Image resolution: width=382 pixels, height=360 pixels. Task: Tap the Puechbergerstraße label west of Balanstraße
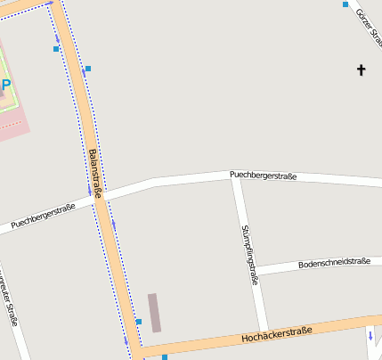click(43, 215)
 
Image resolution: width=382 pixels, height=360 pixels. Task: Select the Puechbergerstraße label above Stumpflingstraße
click(262, 176)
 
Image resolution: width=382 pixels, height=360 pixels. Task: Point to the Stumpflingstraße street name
click(249, 254)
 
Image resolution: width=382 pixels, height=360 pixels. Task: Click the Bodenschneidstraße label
click(334, 262)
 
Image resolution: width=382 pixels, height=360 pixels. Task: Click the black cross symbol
click(362, 69)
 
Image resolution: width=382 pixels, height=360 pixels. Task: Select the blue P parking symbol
click(5, 86)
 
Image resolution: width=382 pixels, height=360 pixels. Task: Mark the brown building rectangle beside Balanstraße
click(154, 313)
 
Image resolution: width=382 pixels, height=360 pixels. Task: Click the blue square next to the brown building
click(139, 322)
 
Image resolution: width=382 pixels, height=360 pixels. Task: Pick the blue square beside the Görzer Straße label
click(345, 4)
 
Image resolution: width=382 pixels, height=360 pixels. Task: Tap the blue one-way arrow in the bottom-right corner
click(370, 337)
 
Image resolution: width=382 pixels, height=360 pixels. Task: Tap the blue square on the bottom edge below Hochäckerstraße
click(165, 356)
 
